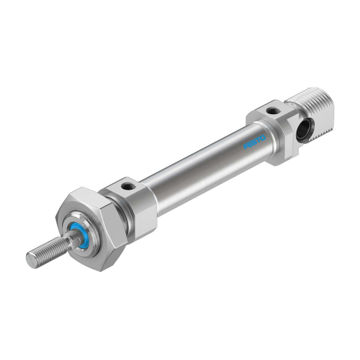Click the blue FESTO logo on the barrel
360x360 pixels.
click(x=255, y=142)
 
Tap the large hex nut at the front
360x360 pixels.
click(x=92, y=229)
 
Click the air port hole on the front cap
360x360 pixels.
click(x=127, y=186)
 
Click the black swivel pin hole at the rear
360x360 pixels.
click(x=304, y=130)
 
